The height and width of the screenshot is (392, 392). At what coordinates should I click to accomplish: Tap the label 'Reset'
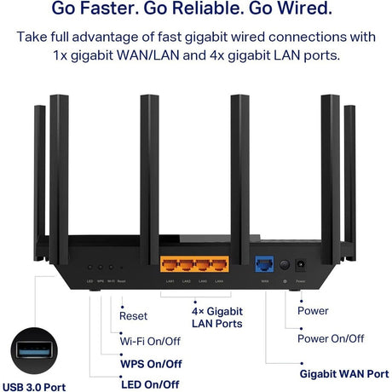[134, 316]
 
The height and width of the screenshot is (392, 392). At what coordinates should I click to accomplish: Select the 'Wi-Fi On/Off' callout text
[149, 341]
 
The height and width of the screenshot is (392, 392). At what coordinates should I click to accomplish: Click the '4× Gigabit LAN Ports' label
[218, 317]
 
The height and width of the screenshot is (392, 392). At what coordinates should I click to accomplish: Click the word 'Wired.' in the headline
[297, 10]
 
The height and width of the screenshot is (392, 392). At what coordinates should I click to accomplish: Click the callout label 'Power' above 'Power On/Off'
[312, 311]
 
